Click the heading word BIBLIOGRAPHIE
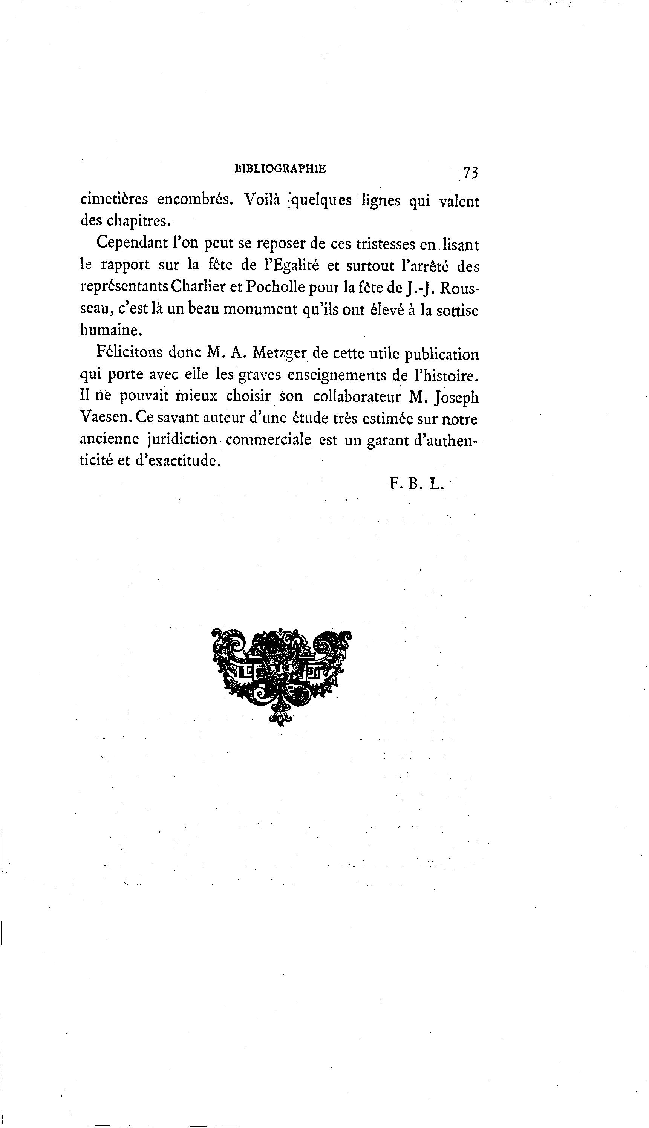(x=280, y=169)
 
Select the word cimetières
(x=114, y=199)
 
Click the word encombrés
(x=195, y=199)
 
